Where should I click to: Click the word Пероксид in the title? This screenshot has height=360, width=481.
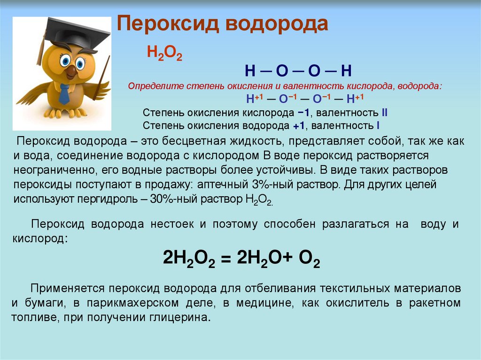pyautogui.click(x=168, y=24)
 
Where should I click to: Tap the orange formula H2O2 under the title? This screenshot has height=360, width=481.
pyautogui.click(x=164, y=53)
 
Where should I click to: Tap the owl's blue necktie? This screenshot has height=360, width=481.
pyautogui.click(x=65, y=93)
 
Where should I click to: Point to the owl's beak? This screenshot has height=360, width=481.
pyautogui.click(x=71, y=71)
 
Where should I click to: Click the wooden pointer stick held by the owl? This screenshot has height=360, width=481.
pyautogui.click(x=101, y=78)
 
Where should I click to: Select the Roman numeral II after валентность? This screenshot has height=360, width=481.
pyautogui.click(x=384, y=113)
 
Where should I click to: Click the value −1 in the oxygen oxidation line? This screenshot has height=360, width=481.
pyautogui.click(x=303, y=113)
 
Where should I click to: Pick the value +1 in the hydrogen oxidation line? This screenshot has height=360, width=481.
pyautogui.click(x=299, y=126)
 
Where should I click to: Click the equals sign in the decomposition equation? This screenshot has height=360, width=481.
pyautogui.click(x=225, y=260)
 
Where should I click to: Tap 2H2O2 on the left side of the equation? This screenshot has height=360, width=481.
pyautogui.click(x=189, y=258)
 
